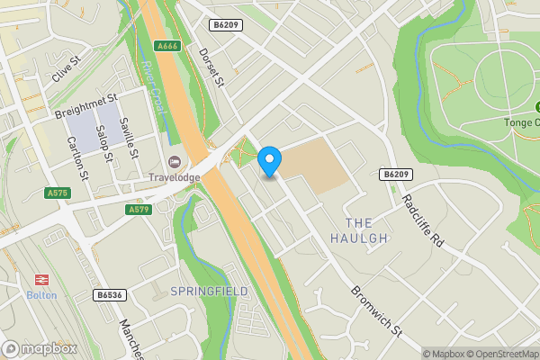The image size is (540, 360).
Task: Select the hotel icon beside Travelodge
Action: tap(175, 161)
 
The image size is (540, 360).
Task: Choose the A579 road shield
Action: tap(139, 209)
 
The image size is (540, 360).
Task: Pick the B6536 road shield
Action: tap(109, 294)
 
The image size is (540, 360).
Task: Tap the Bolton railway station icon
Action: tap(40, 279)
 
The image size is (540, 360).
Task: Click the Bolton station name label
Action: tap(40, 295)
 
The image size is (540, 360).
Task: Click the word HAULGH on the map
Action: tap(358, 238)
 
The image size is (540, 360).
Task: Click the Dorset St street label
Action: tap(211, 68)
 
